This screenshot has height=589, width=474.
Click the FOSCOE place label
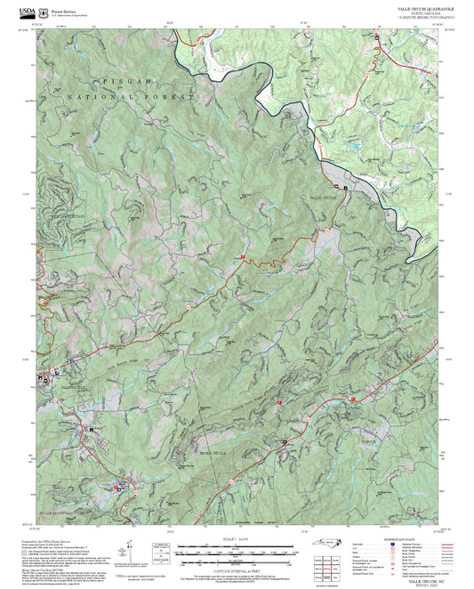point(370,441)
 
